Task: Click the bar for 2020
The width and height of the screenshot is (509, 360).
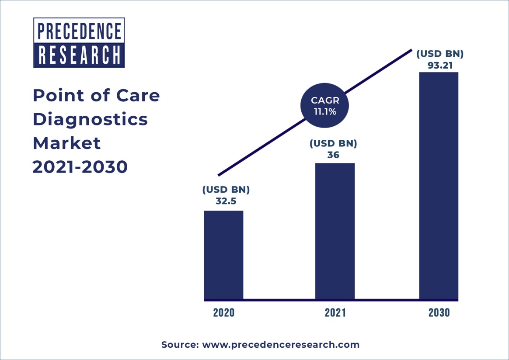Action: click(223, 255)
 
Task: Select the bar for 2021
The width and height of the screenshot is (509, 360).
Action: click(335, 232)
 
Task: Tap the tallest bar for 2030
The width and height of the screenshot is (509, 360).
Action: click(439, 186)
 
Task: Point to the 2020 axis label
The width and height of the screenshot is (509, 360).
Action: click(223, 313)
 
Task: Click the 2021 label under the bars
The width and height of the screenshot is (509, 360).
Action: click(335, 313)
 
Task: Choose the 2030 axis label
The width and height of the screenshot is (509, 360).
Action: click(439, 313)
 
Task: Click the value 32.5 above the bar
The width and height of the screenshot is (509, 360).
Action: click(226, 202)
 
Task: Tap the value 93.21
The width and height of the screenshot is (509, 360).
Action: click(439, 66)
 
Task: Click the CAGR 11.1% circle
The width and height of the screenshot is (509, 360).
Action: click(325, 106)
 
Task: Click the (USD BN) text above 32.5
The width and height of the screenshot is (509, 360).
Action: click(226, 190)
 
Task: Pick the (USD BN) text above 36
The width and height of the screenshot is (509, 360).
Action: click(333, 143)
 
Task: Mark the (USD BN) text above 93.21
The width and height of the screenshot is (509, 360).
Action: click(439, 54)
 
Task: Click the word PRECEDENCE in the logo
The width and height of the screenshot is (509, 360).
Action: click(79, 31)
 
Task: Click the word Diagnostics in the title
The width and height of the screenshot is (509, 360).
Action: click(90, 119)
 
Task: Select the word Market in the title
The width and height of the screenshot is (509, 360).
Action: click(66, 143)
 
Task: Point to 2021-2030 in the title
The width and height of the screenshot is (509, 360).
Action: click(80, 167)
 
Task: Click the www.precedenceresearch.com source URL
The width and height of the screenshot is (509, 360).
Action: click(280, 345)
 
